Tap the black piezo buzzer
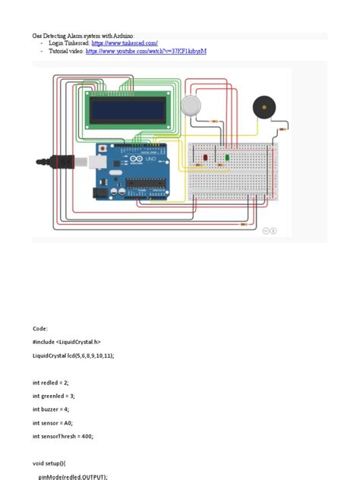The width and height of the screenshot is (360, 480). coord(264,107)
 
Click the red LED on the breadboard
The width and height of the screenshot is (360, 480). coord(205,157)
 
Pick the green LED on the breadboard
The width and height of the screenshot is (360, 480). coord(226,157)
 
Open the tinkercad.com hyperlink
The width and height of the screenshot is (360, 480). coord(125,44)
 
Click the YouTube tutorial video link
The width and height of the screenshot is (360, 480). coord(146,52)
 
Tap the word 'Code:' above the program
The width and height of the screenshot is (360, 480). coord(40,328)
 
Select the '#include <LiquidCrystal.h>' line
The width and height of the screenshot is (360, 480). coord(67,342)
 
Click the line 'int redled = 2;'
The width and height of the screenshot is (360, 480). coord(53,382)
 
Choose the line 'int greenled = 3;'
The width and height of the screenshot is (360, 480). coord(55,396)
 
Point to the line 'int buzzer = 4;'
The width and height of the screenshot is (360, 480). coord(53,409)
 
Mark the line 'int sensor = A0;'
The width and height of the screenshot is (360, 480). coord(55,423)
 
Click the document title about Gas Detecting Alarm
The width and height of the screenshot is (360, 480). coord(83,36)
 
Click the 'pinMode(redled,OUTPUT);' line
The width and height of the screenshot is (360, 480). coord(73,476)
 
